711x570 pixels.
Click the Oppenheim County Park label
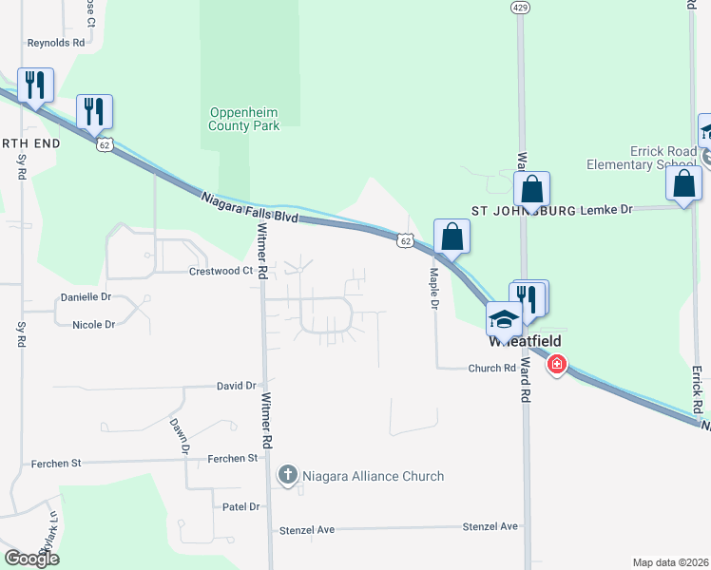244,119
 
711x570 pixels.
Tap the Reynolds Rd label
56,43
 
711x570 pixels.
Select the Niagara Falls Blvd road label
250,207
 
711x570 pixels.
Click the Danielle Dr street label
86,297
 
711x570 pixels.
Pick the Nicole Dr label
93,325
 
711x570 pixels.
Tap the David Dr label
237,386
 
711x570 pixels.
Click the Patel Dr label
240,506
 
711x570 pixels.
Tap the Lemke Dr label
611,209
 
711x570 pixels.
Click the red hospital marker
556,363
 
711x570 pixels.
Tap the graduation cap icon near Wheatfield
503,317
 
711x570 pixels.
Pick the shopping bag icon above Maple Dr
452,236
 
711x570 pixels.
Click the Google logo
31,559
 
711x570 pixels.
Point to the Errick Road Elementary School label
663,158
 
